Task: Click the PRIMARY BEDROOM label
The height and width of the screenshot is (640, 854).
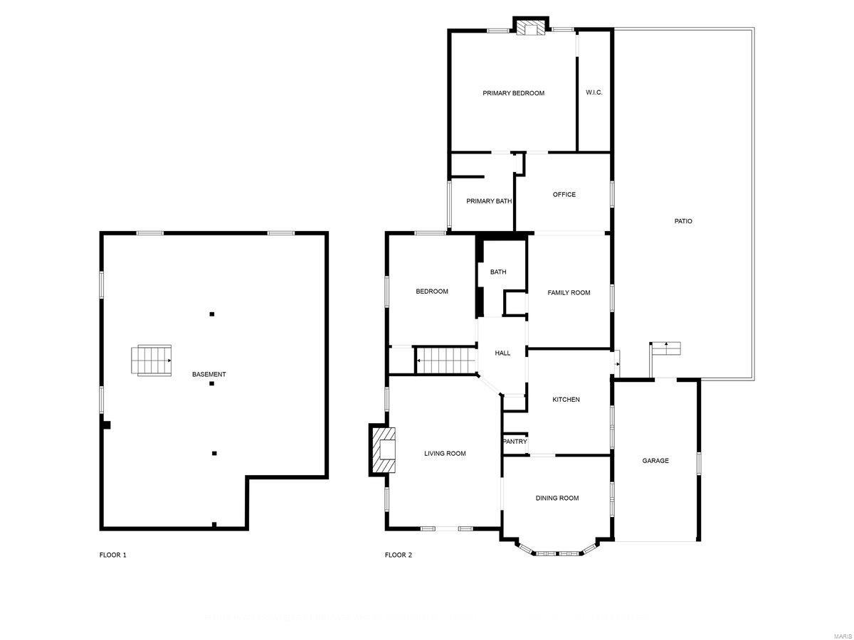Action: tap(513, 93)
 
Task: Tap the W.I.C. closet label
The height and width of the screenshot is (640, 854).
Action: tap(594, 92)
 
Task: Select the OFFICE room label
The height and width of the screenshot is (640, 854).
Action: tap(564, 195)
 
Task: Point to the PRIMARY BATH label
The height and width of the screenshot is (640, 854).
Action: tap(489, 201)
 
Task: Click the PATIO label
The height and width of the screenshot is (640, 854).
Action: tap(683, 221)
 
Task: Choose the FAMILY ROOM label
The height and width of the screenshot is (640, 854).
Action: tap(569, 292)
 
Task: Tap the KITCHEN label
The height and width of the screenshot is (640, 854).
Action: tap(566, 400)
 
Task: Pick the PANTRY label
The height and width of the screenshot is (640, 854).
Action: tap(515, 442)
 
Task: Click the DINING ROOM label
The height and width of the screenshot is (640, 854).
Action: tap(557, 498)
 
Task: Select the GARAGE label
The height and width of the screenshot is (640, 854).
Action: tap(655, 461)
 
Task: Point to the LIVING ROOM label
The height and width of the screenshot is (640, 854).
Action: tap(445, 454)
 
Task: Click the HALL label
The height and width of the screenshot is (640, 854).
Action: tap(502, 353)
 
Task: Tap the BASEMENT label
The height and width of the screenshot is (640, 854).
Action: tap(209, 375)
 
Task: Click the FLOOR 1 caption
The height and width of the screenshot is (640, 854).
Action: tap(112, 555)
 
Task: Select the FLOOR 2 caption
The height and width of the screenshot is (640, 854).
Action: tap(399, 555)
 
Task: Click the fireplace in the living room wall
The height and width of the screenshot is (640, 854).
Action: tap(383, 449)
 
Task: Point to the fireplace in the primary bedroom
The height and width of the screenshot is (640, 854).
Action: tap(530, 27)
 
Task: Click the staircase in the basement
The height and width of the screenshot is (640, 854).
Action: tap(152, 360)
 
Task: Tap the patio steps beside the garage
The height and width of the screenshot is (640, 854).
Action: tap(667, 348)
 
